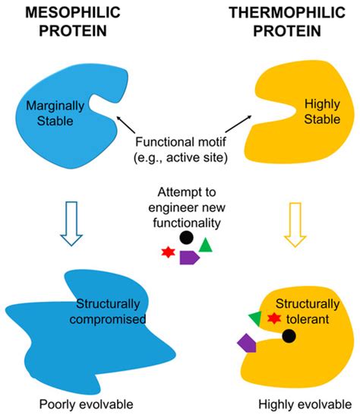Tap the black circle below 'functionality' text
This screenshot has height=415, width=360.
coord(186,237)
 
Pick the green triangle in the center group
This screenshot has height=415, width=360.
coord(206,246)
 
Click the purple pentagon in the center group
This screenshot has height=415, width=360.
coord(189,257)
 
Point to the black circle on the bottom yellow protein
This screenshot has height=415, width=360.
coord(289,336)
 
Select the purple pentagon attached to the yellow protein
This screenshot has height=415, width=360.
coord(246,343)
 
